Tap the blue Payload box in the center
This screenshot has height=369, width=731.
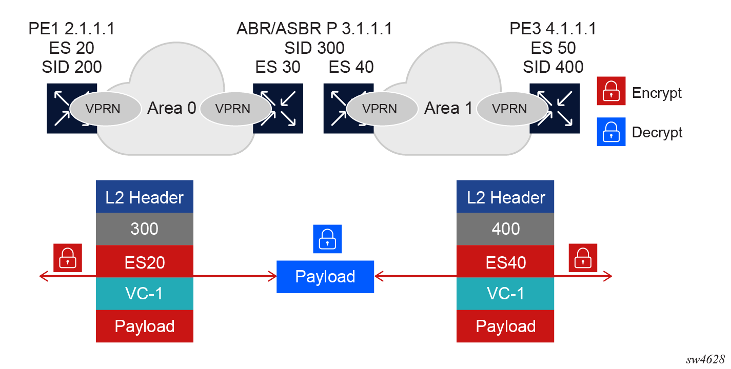[x=325, y=277]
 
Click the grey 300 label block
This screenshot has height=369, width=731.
[x=145, y=229]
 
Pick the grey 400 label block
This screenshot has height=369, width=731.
[x=505, y=229]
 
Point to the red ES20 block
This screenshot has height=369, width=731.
[x=145, y=262]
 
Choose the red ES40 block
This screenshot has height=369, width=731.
[x=505, y=262]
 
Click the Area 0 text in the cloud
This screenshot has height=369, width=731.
[x=172, y=109]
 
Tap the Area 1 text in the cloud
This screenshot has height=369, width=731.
[x=448, y=109]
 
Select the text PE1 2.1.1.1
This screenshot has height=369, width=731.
[x=72, y=29]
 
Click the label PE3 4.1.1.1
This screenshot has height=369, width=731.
[x=553, y=29]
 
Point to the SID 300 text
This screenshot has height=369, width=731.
[x=314, y=48]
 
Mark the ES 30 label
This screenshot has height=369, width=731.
[x=278, y=67]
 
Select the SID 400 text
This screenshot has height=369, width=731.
[x=553, y=67]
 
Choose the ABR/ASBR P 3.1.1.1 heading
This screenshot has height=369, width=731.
[x=314, y=29]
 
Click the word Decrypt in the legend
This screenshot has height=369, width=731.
[x=657, y=132]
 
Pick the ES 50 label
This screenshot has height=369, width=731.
[x=553, y=48]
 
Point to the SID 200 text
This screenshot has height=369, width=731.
[x=72, y=67]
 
